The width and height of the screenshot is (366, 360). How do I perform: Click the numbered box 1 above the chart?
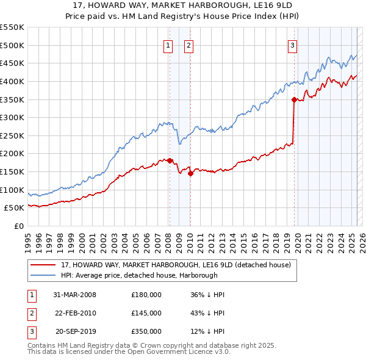pos(168,45)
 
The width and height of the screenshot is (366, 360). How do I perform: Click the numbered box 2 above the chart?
pos(188,45)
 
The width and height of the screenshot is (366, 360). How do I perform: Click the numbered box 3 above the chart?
pos(293,45)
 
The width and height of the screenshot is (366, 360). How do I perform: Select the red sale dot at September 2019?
pos(294,99)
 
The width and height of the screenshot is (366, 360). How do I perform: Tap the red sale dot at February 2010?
pos(190,173)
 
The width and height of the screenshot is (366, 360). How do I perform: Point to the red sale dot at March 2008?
pos(170,160)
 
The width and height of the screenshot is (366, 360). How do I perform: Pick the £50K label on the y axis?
pos(15,208)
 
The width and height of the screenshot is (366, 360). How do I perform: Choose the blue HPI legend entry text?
pos(140,275)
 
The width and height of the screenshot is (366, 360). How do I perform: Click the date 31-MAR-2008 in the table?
pos(74,295)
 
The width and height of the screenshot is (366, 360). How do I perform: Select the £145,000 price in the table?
pos(146,313)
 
